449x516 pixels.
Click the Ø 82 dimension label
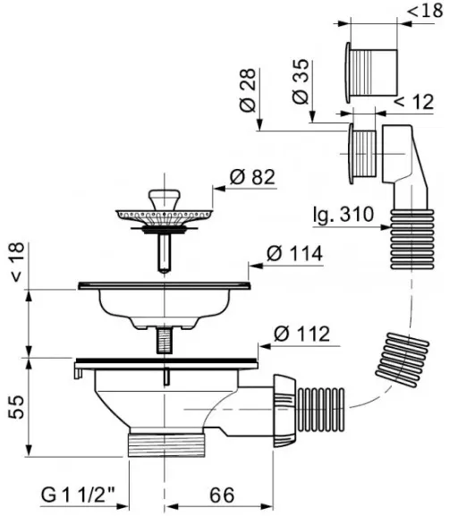tap(252, 177)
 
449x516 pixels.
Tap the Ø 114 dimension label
tap(294, 254)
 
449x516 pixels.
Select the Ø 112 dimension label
tap(301, 334)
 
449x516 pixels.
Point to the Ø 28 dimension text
tap(248, 89)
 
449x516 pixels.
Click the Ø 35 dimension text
tap(301, 81)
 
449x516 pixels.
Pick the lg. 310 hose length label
tap(343, 215)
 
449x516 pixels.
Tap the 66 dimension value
tap(222, 495)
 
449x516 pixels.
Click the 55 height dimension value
tap(16, 406)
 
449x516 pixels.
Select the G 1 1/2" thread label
tap(78, 495)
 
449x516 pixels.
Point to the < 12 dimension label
tap(414, 101)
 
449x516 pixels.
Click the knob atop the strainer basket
tap(165, 198)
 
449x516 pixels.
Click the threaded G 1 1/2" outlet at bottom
tap(166, 444)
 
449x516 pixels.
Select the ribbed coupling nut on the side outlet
tap(284, 410)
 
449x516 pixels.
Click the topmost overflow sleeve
tap(371, 72)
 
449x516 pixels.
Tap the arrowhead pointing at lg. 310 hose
tap(385, 227)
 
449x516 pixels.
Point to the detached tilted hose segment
tap(402, 360)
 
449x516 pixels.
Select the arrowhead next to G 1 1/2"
tap(123, 506)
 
